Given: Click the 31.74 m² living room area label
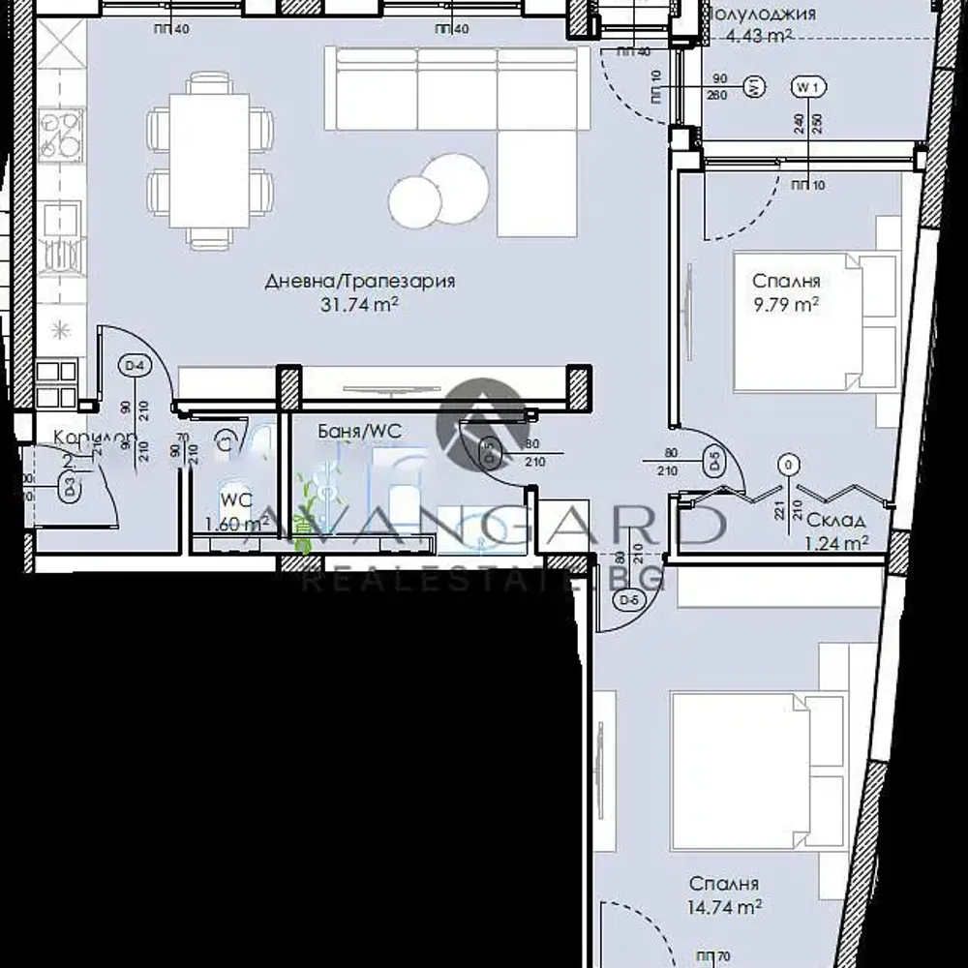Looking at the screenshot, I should click(x=361, y=303).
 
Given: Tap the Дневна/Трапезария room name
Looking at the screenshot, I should click(x=360, y=282).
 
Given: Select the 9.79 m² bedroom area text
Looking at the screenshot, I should click(x=786, y=303).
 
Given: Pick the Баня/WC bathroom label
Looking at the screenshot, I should click(x=359, y=431).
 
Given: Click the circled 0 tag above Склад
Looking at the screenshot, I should click(x=790, y=466).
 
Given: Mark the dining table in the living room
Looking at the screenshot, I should click(x=209, y=159).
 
